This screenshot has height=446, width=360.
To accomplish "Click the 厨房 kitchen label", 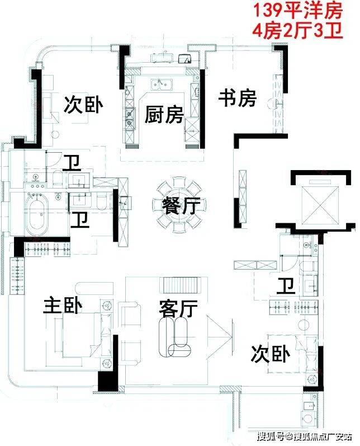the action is point(164,115).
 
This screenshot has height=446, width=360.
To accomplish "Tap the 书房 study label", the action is point(238,98).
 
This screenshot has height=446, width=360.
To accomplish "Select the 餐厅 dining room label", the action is point(181,205).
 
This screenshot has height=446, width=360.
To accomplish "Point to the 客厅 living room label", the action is point(178,308).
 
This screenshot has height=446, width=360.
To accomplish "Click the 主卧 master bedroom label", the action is point(63,306).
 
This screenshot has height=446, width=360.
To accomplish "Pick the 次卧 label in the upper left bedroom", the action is point(83,105).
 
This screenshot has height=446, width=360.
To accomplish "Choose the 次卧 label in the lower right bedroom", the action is point(271,354).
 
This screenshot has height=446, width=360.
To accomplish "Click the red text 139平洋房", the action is point(298,11).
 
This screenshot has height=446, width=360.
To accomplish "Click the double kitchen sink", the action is point(162,84).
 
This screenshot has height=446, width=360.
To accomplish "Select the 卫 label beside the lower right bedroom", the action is point(286,287).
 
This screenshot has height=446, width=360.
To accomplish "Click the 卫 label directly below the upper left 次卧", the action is point(72,163).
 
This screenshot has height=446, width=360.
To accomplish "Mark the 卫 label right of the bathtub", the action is point(80,219).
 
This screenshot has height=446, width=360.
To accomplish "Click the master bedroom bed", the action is point(82,335).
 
